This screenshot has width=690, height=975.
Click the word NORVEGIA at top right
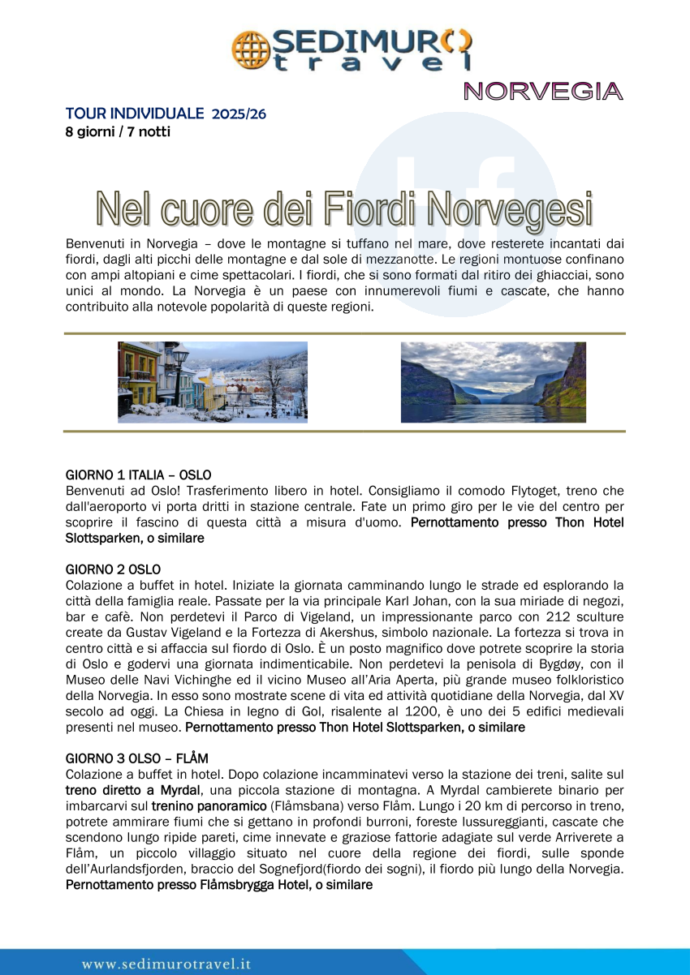tap(543, 92)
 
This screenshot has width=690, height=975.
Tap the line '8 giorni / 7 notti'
tap(118, 131)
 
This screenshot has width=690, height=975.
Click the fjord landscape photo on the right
tap(493, 382)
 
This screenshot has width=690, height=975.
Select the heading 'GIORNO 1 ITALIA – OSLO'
tap(138, 475)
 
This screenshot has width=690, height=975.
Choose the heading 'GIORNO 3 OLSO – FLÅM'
tap(136, 758)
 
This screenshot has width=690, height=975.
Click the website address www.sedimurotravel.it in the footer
tap(166, 964)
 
